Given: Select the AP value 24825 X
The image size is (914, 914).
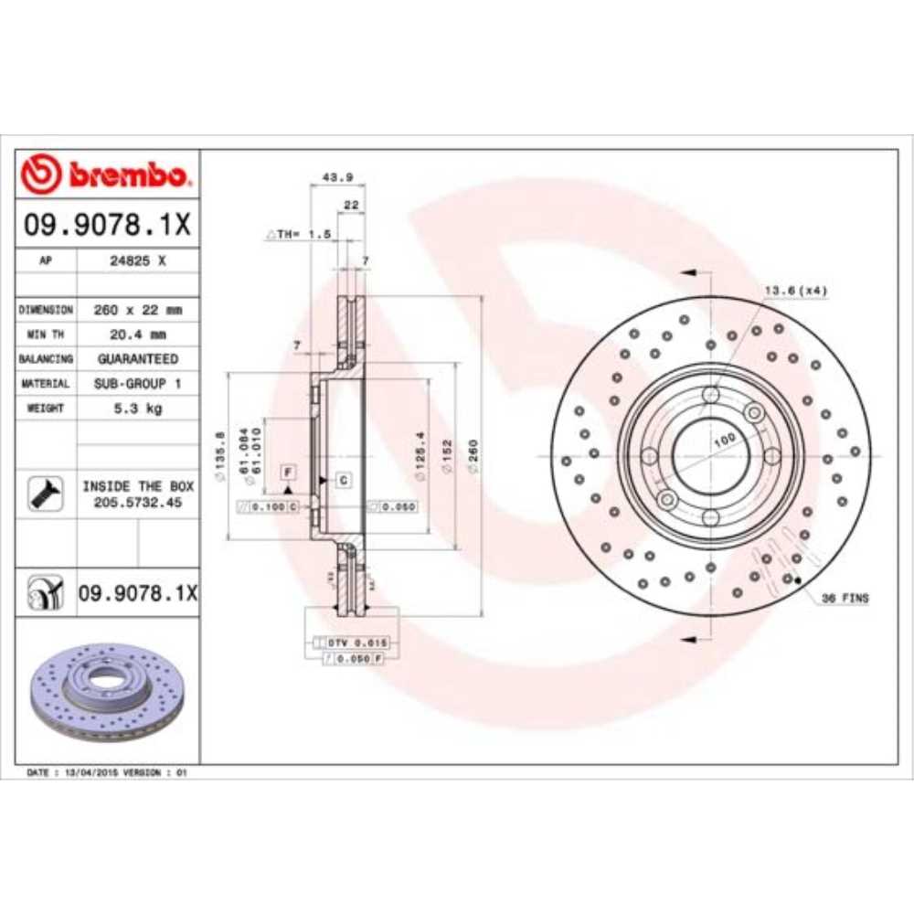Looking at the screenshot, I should coord(137,260).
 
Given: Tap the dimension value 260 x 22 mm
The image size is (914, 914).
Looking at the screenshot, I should coord(137,310).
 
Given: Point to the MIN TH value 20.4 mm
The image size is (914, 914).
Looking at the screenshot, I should coord(137,335).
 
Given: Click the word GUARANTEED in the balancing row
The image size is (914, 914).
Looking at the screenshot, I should coord(137,359).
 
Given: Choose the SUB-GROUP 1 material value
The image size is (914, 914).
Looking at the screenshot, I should coord(137,384).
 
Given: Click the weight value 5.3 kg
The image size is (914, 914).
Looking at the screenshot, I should coord(137,409).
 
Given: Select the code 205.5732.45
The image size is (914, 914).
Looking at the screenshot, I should coord(137,503).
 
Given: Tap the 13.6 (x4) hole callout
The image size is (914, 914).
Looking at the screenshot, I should coord(795,291).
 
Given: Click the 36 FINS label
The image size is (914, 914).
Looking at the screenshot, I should coord(845,598).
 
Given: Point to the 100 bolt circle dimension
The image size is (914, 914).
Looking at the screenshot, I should coord(725,440).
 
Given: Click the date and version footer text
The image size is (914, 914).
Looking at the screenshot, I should coord(107,772).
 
